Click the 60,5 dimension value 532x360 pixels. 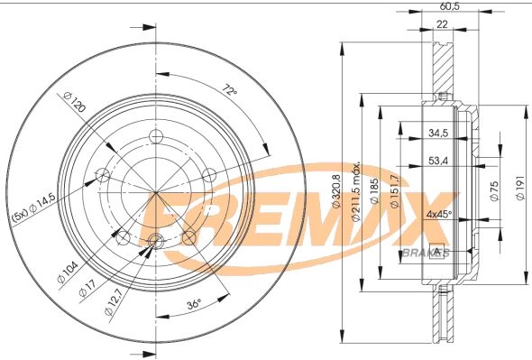(x=449, y=6)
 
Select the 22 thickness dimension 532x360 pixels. (x=442, y=24)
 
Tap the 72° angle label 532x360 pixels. (x=229, y=90)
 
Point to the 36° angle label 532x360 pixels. (x=194, y=303)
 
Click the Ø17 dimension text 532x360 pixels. (x=87, y=287)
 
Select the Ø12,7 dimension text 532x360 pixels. (x=113, y=303)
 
